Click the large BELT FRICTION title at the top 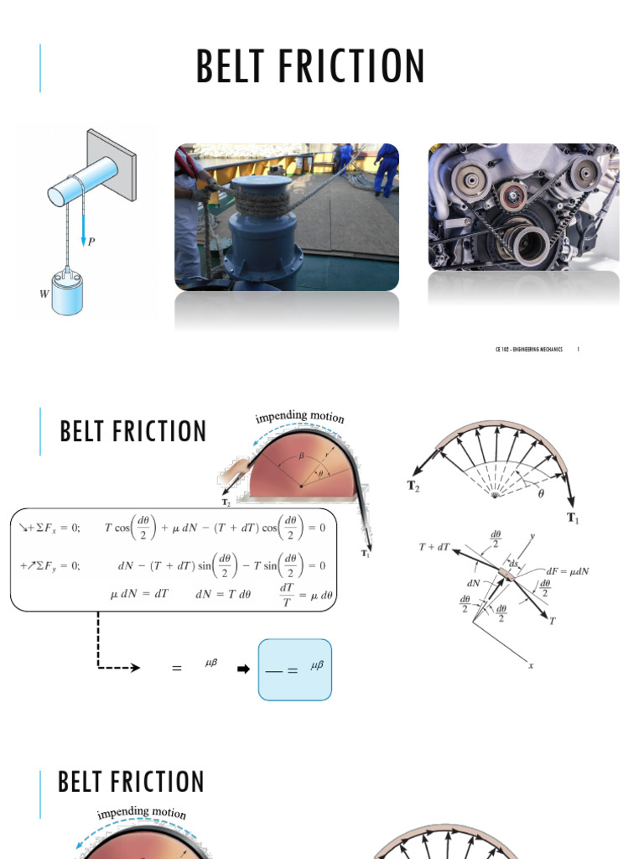310,68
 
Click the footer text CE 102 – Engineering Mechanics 528,349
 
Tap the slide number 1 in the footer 579,349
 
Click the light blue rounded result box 295,669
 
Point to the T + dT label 434,546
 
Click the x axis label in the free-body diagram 531,666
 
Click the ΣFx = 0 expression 50,528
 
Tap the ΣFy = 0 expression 50,565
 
